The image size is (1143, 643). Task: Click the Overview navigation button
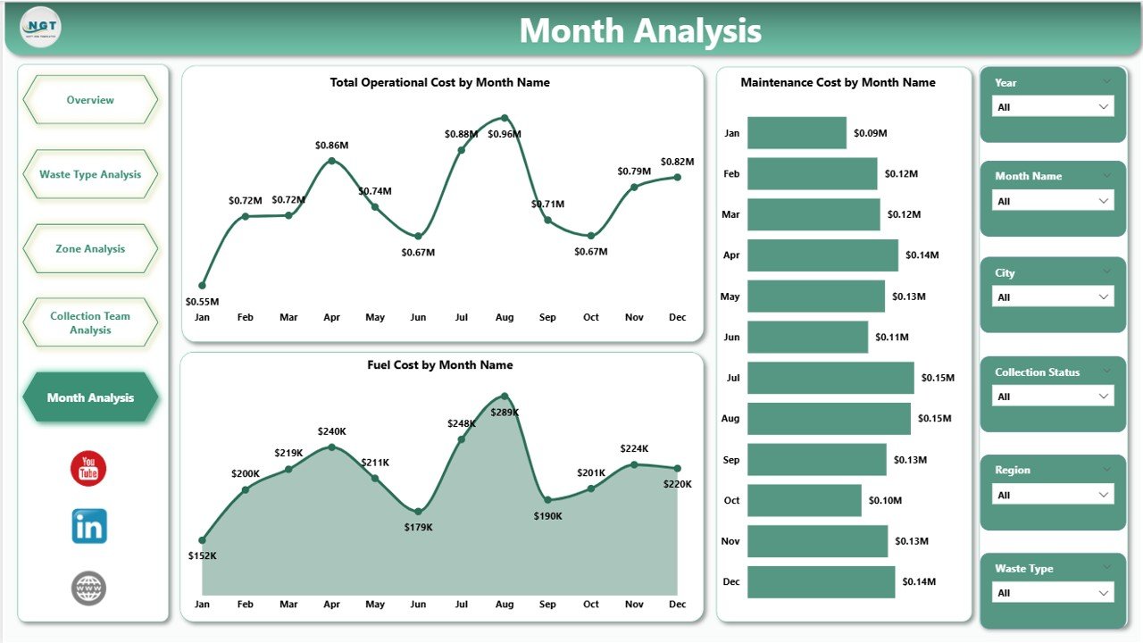[x=90, y=100]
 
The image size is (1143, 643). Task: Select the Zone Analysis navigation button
[x=90, y=249]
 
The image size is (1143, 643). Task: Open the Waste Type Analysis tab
[x=90, y=175]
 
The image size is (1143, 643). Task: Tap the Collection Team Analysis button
[x=90, y=322]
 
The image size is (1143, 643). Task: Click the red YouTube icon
[x=88, y=469]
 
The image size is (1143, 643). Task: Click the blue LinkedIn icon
[x=89, y=527]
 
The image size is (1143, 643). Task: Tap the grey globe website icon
[x=89, y=589]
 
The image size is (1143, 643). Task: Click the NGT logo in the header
[x=40, y=27]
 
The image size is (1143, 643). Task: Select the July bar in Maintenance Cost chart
[x=830, y=378]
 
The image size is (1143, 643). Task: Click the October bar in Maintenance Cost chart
[x=804, y=500]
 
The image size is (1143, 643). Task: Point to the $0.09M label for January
[x=870, y=133]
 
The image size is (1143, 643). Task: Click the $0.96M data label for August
[x=505, y=134]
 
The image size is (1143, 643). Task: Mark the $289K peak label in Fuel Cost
[x=505, y=413]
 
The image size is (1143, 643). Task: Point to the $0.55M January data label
[x=203, y=302]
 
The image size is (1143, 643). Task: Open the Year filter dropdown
[x=1053, y=107]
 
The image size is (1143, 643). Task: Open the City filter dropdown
[x=1053, y=297]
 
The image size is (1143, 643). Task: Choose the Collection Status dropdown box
[x=1053, y=397]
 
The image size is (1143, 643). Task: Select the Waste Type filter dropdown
[x=1053, y=593]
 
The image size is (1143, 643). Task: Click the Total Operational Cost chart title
[x=439, y=82]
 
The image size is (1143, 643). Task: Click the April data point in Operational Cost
[x=332, y=161]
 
